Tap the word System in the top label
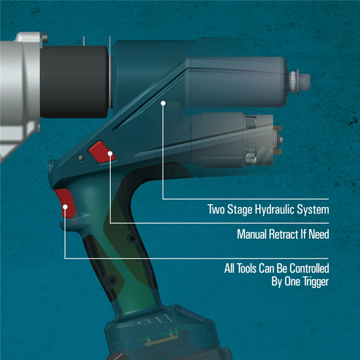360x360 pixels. tap(315, 210)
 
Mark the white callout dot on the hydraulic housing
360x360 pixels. tap(163, 102)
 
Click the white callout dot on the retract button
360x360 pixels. tap(110, 154)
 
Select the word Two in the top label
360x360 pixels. tap(215, 210)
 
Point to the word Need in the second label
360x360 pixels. tap(318, 235)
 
